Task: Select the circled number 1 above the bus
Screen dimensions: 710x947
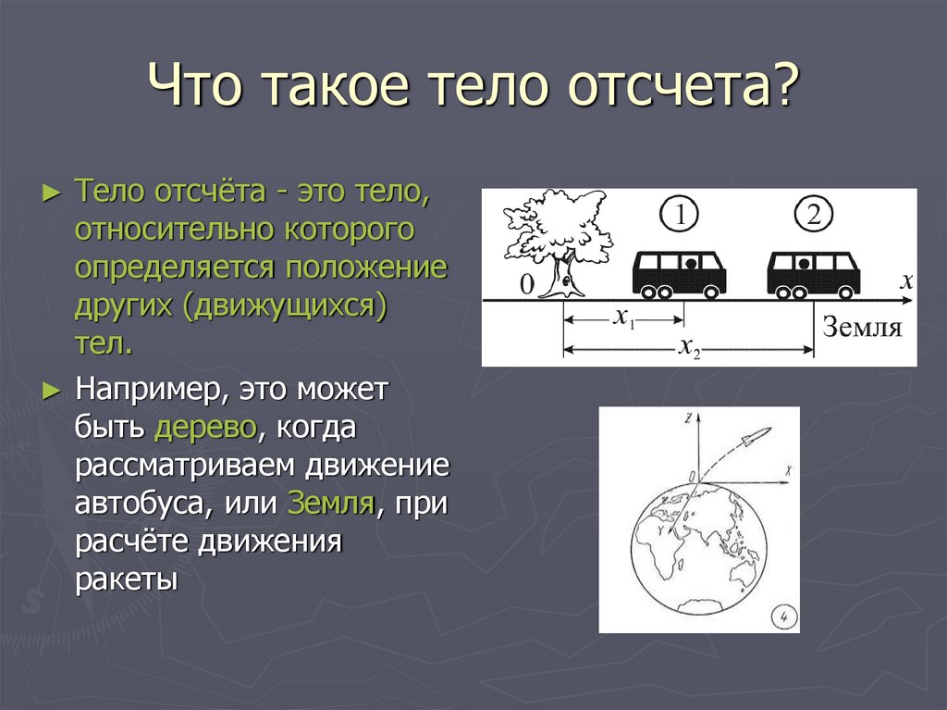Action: click(x=680, y=216)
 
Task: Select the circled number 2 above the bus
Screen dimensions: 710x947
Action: click(x=813, y=216)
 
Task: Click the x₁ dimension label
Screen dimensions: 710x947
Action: click(x=624, y=318)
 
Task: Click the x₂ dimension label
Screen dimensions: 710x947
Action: click(x=689, y=348)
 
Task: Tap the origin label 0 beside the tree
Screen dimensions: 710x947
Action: click(x=526, y=286)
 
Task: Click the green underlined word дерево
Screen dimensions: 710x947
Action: click(x=206, y=428)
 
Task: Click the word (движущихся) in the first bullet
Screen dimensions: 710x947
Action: click(x=285, y=306)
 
